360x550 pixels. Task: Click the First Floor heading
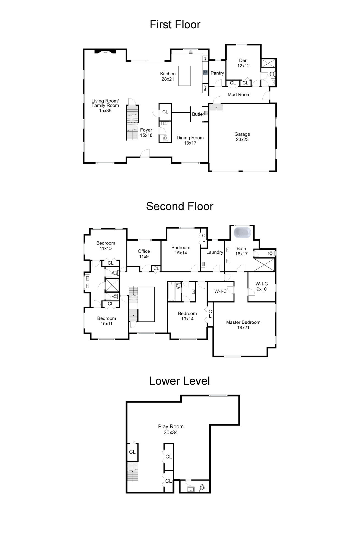pyautogui.click(x=175, y=25)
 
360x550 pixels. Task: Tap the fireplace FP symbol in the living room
pyautogui.click(x=105, y=52)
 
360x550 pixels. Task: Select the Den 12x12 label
pyautogui.click(x=243, y=63)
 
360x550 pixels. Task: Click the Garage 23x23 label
pyautogui.click(x=242, y=137)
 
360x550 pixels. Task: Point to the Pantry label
pyautogui.click(x=217, y=73)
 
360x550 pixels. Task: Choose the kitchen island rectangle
pyautogui.click(x=184, y=76)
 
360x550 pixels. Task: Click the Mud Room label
pyautogui.click(x=239, y=95)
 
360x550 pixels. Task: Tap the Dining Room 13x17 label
pyautogui.click(x=190, y=140)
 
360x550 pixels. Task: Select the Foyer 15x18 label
pyautogui.click(x=146, y=133)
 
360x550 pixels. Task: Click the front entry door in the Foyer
pyautogui.click(x=145, y=154)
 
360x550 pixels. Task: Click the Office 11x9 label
pyautogui.click(x=144, y=254)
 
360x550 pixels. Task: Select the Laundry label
pyautogui.click(x=215, y=252)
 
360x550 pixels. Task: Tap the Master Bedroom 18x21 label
pyautogui.click(x=243, y=325)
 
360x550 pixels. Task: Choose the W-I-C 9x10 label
pyautogui.click(x=261, y=286)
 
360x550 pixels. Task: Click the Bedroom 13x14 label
pyautogui.click(x=187, y=316)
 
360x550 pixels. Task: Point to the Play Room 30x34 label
pyautogui.click(x=171, y=429)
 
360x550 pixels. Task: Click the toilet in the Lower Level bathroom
pyautogui.click(x=202, y=488)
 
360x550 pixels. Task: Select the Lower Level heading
pyautogui.click(x=179, y=381)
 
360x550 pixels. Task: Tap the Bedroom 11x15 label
pyautogui.click(x=106, y=246)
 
